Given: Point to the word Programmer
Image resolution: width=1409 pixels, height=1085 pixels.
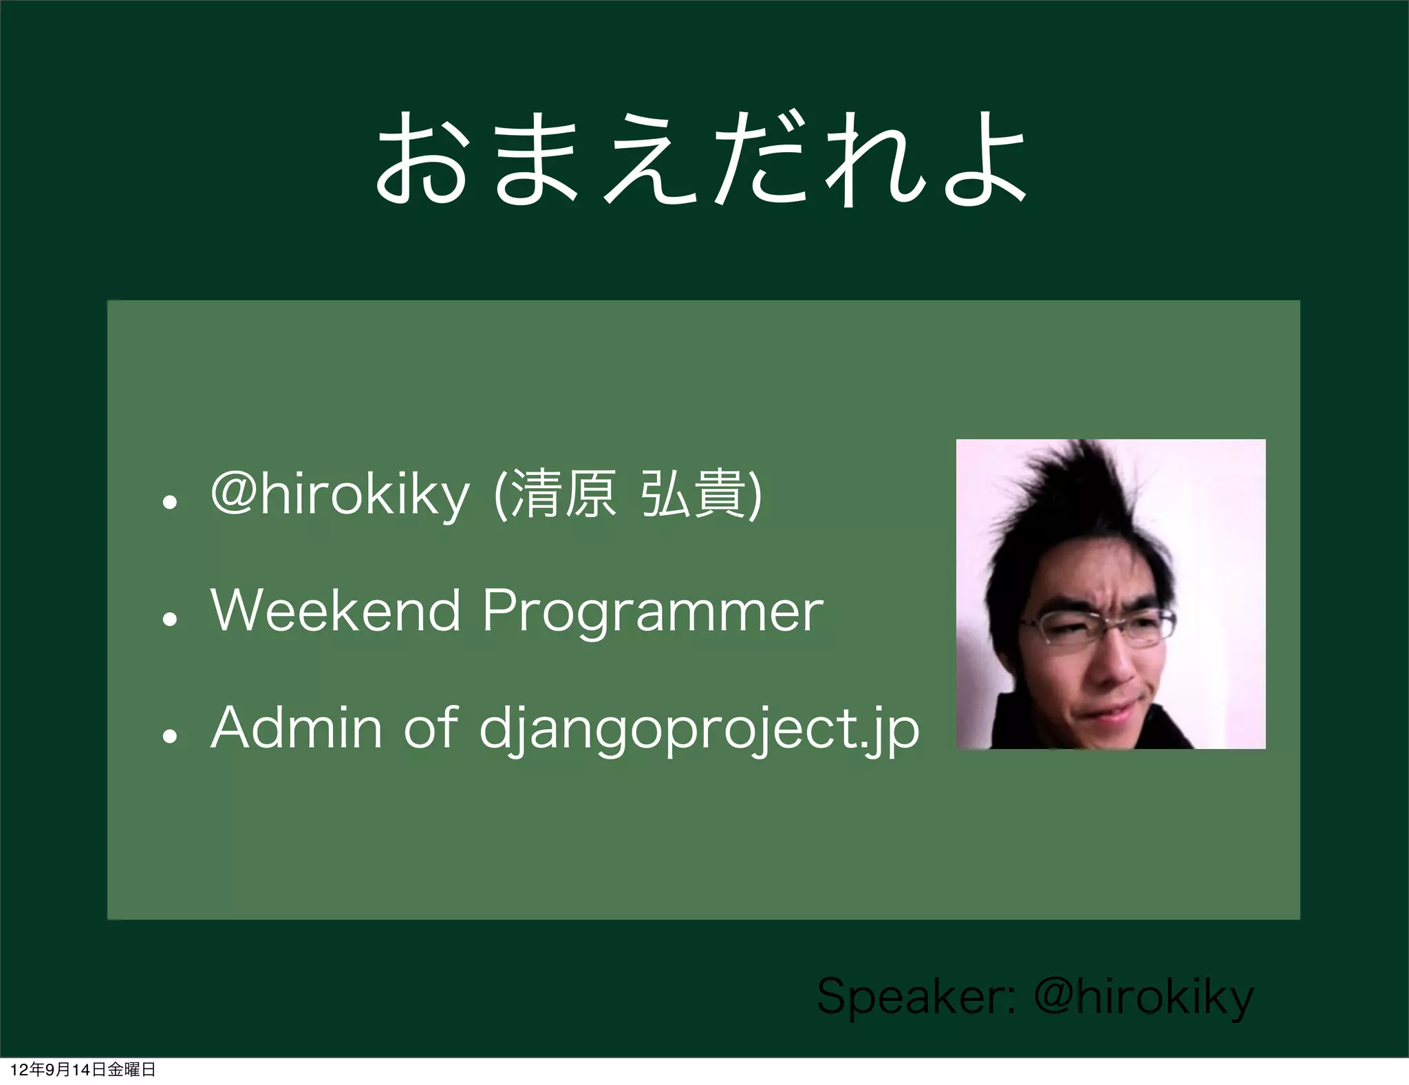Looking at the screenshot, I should point(652,611).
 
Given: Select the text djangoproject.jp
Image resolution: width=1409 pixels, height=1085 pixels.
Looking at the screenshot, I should point(699,730).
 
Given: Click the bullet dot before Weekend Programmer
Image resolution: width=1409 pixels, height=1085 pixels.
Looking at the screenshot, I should point(170,618).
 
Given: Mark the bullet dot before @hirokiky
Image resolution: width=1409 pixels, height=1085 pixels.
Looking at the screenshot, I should point(170,503).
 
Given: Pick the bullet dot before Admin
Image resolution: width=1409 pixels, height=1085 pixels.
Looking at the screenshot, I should point(170,736).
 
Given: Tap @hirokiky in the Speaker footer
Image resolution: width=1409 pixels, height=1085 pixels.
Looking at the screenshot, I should point(1143,997).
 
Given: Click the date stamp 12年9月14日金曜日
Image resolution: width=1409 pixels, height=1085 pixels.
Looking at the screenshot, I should point(83,1069).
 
